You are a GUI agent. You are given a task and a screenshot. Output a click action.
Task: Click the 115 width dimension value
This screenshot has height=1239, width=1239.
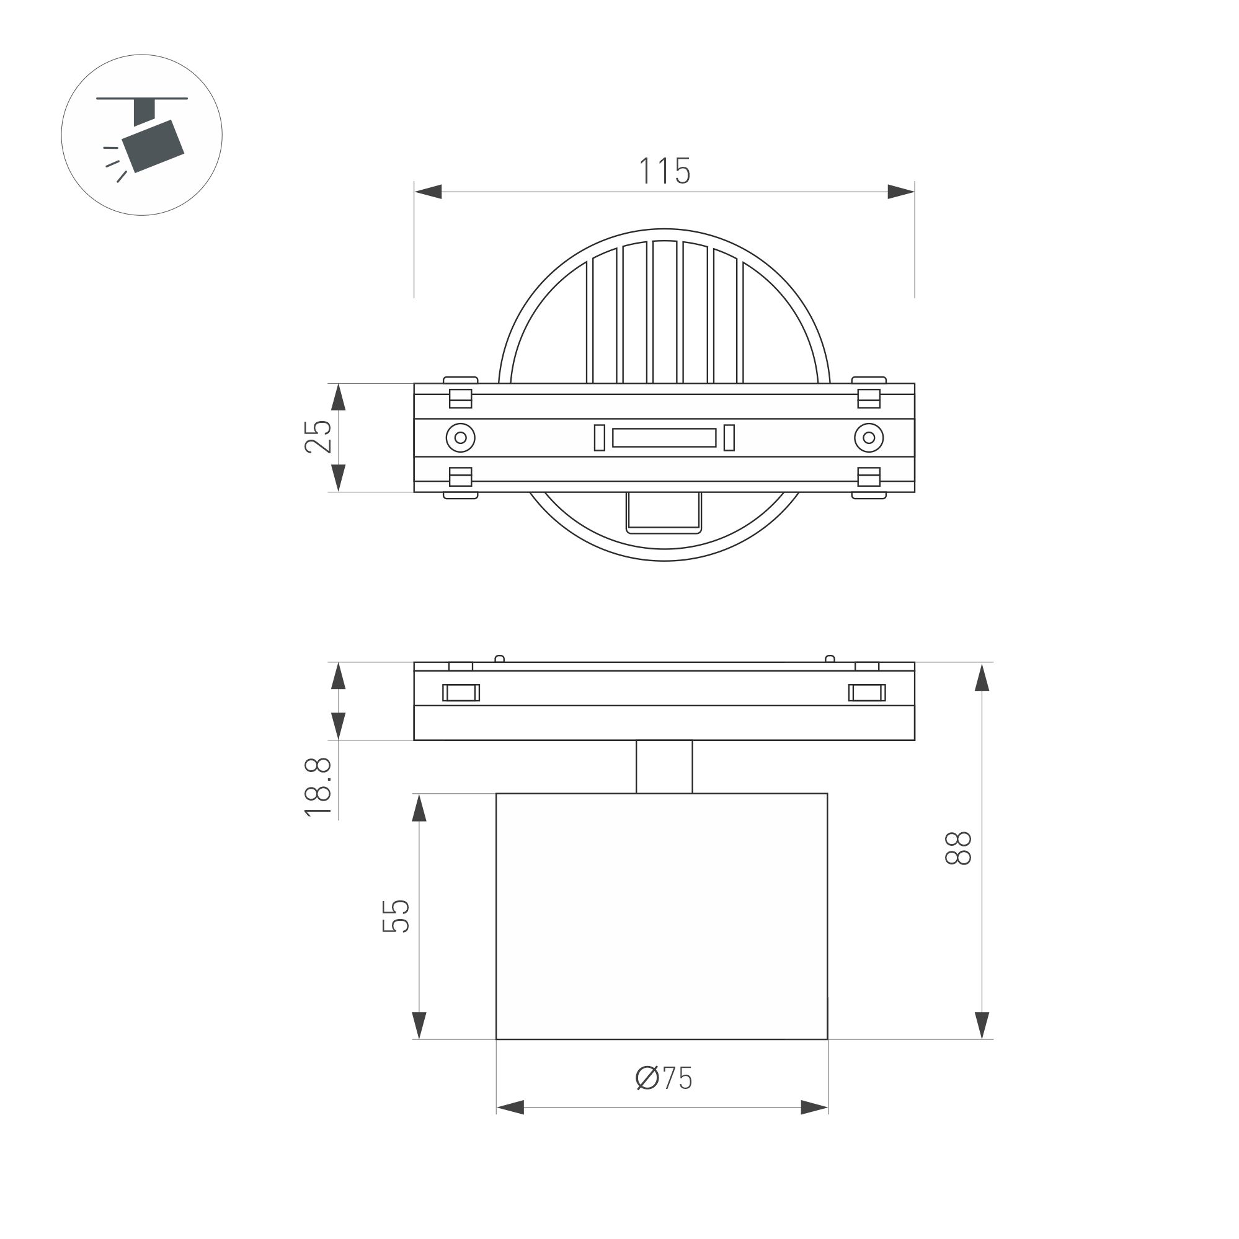pos(664,171)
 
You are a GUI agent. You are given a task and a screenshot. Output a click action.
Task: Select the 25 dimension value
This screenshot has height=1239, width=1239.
pos(318,437)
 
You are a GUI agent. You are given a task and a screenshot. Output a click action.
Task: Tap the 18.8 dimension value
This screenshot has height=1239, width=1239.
pos(318,787)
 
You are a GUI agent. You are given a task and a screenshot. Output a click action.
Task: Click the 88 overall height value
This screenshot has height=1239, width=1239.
pos(959,848)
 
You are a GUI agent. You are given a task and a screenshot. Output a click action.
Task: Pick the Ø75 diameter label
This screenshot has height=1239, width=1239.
pos(664,1078)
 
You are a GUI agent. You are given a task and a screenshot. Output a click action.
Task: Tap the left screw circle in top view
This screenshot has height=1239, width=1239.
pos(461,438)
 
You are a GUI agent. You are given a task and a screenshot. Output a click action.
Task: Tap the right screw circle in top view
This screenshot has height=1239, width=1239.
pos(869,438)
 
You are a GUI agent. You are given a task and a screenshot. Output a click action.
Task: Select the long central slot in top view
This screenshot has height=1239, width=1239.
pos(664,438)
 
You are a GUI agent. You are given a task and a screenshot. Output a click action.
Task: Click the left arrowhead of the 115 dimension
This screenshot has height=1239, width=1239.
pos(429,191)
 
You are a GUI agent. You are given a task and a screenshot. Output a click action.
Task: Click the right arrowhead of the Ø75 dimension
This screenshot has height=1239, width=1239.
pos(814,1107)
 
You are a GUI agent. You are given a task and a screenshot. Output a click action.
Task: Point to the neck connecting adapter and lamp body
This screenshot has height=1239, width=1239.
pos(664,766)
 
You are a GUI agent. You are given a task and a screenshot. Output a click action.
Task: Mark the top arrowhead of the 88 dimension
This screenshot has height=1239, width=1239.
pos(982,678)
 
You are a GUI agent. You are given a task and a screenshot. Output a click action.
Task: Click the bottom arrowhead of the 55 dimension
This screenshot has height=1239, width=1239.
pos(419,1024)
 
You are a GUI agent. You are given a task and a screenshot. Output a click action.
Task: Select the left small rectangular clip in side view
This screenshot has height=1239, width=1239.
pos(461,693)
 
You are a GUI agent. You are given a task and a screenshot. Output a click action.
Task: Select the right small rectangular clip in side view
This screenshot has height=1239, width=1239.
pos(867,693)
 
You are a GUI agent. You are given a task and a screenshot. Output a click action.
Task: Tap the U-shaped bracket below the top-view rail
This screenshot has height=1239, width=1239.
pos(664,513)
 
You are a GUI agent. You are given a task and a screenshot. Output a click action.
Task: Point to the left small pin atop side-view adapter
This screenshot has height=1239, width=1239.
pos(500,658)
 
